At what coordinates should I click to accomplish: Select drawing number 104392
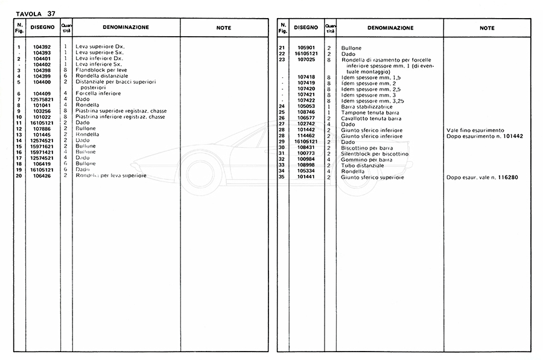click(42, 47)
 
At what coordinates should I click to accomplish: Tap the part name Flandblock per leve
click(102, 71)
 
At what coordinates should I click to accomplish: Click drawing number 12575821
click(42, 99)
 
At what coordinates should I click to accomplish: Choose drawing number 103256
click(42, 111)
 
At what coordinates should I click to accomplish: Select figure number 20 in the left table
click(19, 175)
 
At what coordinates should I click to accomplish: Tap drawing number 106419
click(42, 163)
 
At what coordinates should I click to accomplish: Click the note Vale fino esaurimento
click(475, 130)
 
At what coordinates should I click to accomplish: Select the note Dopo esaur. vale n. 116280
click(482, 177)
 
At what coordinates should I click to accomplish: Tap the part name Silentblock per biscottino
click(374, 154)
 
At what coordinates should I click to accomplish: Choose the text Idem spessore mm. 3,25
click(372, 101)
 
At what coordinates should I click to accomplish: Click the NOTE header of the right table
click(487, 28)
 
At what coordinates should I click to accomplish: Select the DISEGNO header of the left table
click(43, 27)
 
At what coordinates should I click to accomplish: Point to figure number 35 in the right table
click(282, 177)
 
